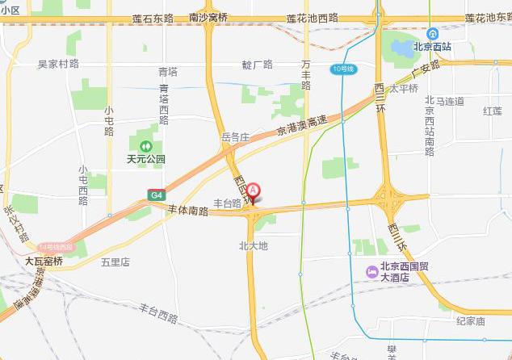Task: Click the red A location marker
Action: (254, 191)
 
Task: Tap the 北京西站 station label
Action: (434, 47)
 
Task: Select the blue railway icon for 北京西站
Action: (433, 33)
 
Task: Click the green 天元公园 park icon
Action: (145, 146)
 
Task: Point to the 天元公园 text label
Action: (145, 160)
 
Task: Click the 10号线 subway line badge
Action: (343, 70)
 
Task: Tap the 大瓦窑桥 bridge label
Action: (44, 262)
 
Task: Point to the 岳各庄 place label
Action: (237, 138)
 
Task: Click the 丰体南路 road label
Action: (187, 211)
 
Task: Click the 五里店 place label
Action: (115, 262)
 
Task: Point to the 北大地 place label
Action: (253, 245)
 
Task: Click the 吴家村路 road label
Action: (59, 64)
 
